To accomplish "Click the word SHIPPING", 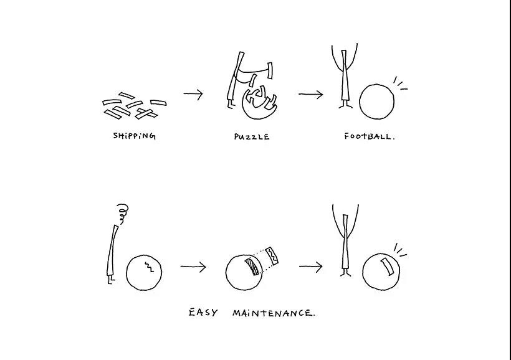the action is coord(134,136).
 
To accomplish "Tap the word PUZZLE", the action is coord(252,137).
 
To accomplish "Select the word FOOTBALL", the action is coord(370,136).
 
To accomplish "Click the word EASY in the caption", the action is coord(203,313).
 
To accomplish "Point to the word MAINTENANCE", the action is coord(274,313).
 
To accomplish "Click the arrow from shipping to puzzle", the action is coord(193,94).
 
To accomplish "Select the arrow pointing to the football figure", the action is coord(311,95).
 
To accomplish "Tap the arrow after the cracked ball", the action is coord(193,267).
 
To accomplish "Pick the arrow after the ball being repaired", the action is coord(310,267).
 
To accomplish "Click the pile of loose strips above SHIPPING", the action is coord(134,106).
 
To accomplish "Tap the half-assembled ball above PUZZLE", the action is coord(259,103).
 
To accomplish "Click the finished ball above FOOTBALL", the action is coord(376,102).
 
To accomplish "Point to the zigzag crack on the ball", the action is coord(149,267).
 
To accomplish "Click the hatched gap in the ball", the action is coord(252,267).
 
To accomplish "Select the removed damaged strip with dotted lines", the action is coord(272,256).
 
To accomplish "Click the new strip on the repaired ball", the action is coord(388,267).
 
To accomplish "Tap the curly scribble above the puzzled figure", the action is coord(123,213).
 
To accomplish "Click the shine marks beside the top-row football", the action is coord(400,83).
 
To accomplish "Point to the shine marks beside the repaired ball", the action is coord(400,250).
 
